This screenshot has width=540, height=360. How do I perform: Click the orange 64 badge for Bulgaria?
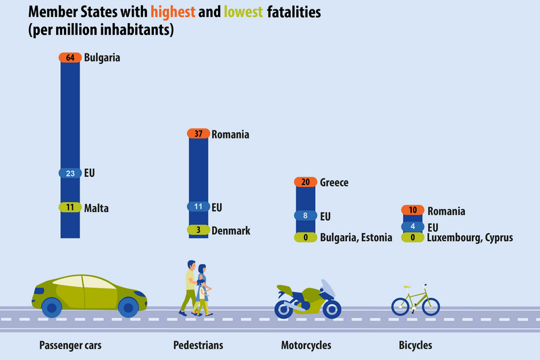(x=70, y=58)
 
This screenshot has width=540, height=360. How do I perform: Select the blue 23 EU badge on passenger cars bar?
(x=70, y=173)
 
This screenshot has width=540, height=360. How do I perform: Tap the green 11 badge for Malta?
(x=70, y=208)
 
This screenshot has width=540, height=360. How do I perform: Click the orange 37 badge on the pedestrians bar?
(x=198, y=134)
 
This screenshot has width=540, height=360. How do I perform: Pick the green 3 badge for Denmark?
(x=198, y=230)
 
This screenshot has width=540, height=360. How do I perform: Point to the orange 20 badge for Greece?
(x=306, y=182)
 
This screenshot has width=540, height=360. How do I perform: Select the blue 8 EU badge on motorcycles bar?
(x=306, y=216)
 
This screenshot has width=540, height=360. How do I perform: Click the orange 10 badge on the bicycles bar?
(x=412, y=211)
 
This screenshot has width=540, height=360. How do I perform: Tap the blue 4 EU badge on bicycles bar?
(x=412, y=226)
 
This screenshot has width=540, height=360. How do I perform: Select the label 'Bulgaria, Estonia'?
(x=356, y=238)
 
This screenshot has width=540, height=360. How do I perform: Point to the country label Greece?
(x=334, y=182)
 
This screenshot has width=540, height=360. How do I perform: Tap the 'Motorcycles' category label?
(x=306, y=345)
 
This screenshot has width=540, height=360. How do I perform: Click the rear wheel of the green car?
(x=52, y=308)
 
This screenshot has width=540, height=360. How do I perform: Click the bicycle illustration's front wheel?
(x=430, y=306)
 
